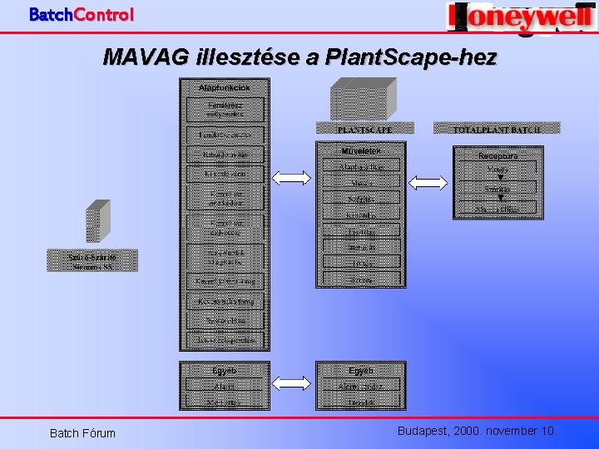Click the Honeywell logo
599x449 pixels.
point(521,17)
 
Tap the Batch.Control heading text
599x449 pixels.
point(81,14)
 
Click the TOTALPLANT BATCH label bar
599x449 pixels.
point(497,129)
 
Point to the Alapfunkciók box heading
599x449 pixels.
point(223,87)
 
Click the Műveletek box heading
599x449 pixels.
point(360,150)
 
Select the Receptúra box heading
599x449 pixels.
point(498,155)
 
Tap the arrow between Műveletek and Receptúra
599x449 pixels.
point(428,182)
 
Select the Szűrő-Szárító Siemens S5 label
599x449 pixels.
point(92,261)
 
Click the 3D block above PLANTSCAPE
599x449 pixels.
point(363,99)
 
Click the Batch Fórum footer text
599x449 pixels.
point(82,432)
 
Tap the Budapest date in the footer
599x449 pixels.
point(477,431)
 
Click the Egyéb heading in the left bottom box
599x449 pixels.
point(224,371)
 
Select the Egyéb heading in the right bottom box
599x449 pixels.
point(360,371)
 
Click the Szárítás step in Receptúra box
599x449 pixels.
point(498,190)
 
